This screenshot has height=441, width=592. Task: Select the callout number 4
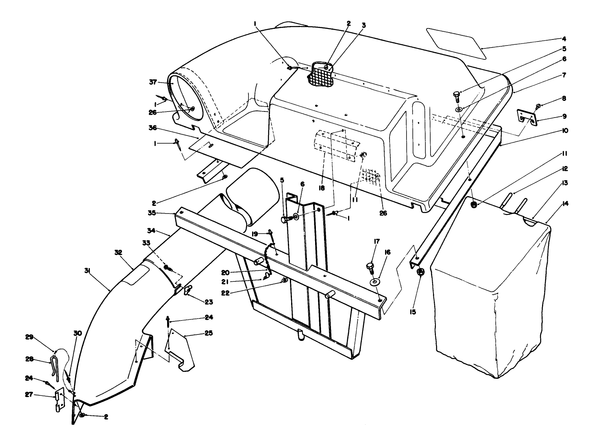(564, 39)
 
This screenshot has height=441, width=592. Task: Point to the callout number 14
(566, 203)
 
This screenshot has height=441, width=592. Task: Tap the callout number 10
(565, 131)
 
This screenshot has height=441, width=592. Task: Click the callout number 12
(565, 168)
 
